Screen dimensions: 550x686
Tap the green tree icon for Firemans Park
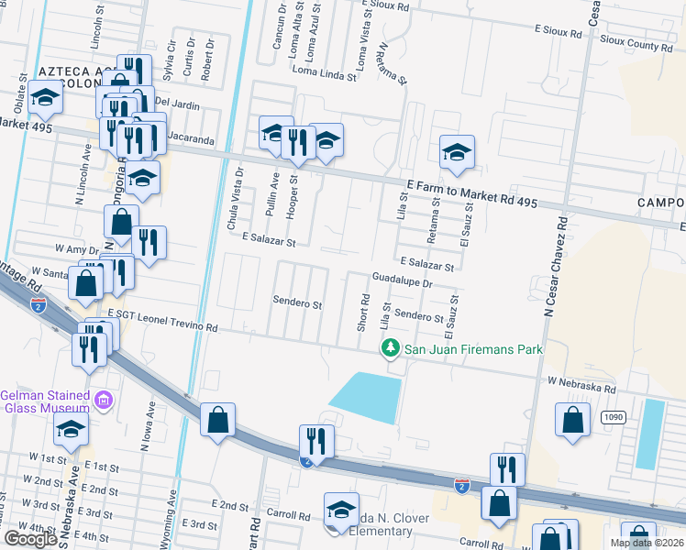pos(391,348)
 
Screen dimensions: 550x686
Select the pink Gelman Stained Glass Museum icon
pos(104,400)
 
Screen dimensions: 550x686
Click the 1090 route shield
pos(614,417)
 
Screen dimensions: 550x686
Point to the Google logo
pos(30,539)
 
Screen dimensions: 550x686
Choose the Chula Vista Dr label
pos(240,189)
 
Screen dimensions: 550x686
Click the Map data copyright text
pos(647,543)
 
